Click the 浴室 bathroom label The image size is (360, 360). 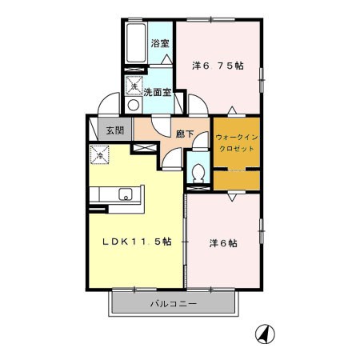coord(160,43)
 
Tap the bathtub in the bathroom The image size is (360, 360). coord(136,43)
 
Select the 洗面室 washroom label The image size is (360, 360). coord(158,92)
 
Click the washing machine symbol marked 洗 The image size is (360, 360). coord(134,86)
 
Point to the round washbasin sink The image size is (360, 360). coord(133,105)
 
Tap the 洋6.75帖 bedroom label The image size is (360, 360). coord(218,66)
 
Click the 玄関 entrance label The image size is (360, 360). coord(115,130)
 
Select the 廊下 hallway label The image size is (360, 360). coord(185,134)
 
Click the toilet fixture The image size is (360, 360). coord(198,173)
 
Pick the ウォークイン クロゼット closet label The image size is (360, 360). coord(237,143)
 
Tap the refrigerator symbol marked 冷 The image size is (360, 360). coord(99,154)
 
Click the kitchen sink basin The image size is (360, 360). coord(126,194)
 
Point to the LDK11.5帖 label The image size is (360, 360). coord(137,242)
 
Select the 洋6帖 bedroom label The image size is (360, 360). coord(223,243)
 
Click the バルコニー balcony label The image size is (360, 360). coord(174,304)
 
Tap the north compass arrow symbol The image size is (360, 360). coord(265,334)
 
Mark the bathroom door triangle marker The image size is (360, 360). coord(167,59)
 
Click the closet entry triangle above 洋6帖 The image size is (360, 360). coord(232,197)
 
